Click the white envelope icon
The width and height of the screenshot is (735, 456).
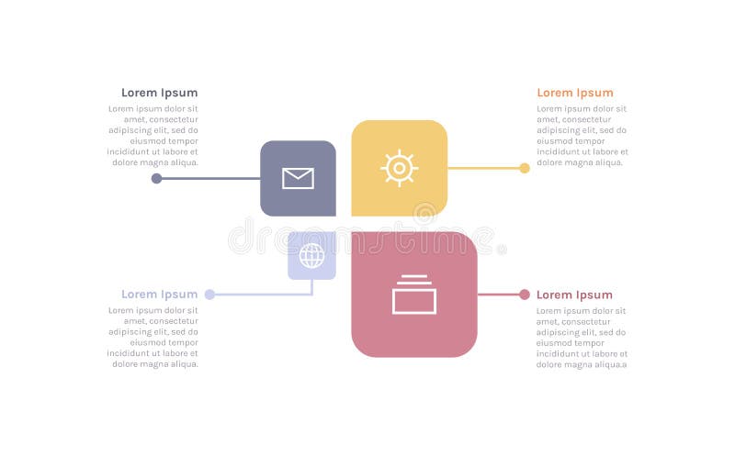(298, 178)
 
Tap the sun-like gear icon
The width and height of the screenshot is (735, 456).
(400, 168)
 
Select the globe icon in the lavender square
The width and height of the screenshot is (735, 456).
(311, 255)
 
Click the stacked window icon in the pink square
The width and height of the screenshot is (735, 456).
(414, 295)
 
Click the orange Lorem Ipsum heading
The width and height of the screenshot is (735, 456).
(574, 93)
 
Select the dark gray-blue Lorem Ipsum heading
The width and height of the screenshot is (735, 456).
(159, 93)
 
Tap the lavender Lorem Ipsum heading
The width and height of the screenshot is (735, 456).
(159, 295)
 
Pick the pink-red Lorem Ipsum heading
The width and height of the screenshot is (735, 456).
(574, 295)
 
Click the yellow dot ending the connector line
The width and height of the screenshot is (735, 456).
(525, 168)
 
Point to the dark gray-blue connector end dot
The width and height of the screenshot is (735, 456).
(156, 178)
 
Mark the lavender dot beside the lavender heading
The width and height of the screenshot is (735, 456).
(209, 295)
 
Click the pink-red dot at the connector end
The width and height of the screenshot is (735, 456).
(525, 295)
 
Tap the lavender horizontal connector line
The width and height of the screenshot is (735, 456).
(262, 295)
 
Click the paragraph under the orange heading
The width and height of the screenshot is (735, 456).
(582, 136)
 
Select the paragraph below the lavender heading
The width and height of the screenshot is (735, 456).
(153, 337)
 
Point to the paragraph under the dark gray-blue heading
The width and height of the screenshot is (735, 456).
(153, 136)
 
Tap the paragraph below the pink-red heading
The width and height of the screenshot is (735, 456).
(582, 337)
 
